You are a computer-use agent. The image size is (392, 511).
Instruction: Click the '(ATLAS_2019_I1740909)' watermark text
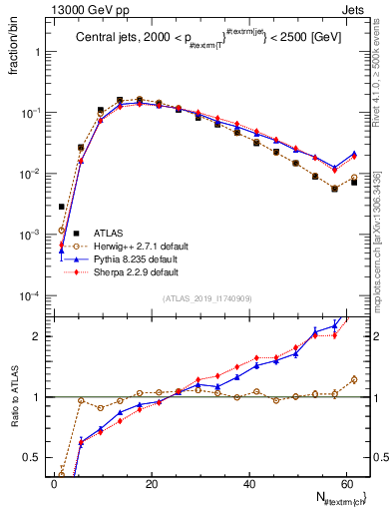point(206,298)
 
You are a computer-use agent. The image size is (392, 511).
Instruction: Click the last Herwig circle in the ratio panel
point(354,379)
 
